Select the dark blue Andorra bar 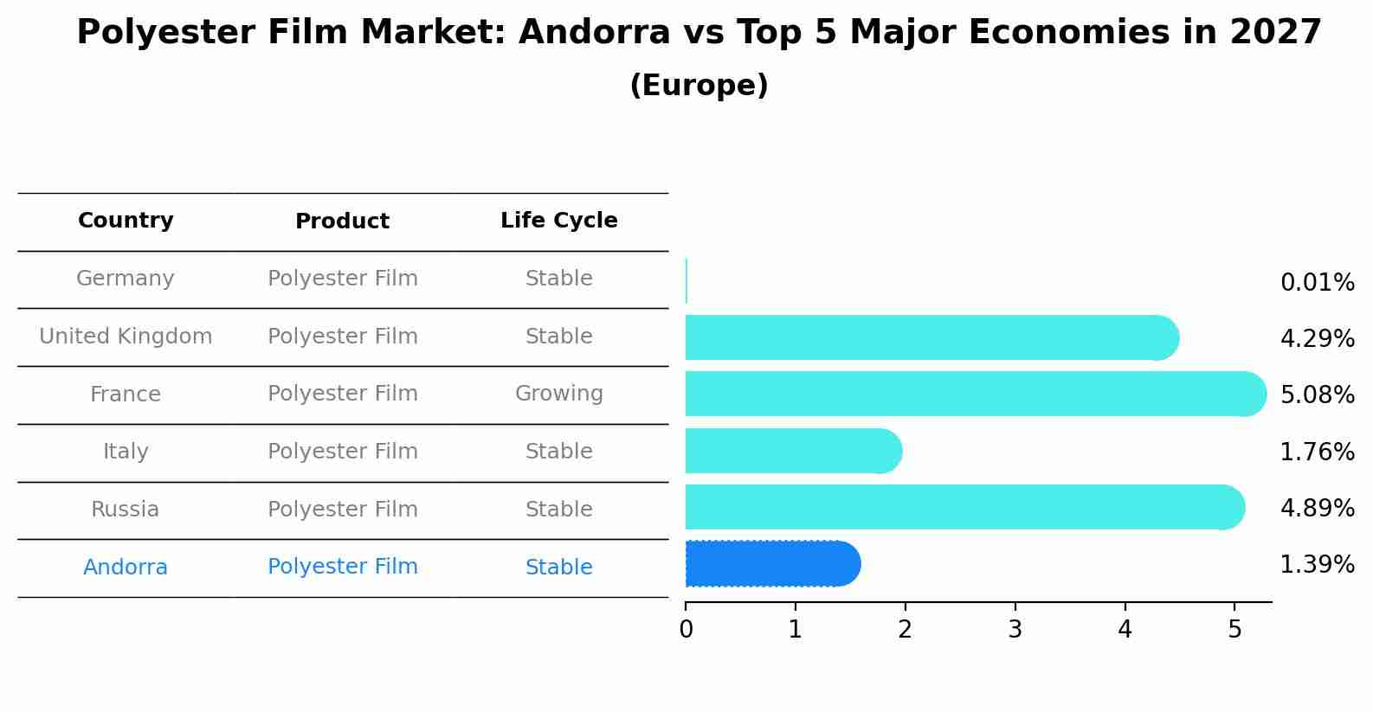(770, 564)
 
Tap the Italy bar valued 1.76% (792, 451)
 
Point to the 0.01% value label (1317, 283)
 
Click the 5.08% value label (1317, 395)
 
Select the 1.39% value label (1317, 565)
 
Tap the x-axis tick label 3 (1015, 630)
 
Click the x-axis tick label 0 (686, 630)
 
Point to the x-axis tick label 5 (1234, 630)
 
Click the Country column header (126, 221)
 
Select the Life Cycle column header (558, 221)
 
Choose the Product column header (342, 221)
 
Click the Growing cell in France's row (558, 394)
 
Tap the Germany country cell (126, 279)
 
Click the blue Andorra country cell (126, 568)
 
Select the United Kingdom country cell (126, 337)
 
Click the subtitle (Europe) (699, 86)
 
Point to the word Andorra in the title (594, 33)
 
